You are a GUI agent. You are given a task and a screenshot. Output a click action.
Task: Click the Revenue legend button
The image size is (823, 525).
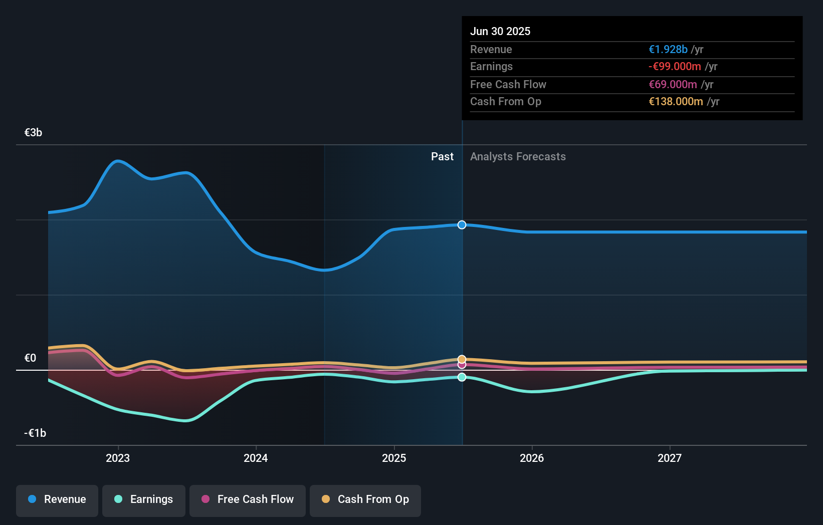tap(57, 499)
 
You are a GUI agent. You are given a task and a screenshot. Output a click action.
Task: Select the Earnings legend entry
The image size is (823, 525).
tap(144, 499)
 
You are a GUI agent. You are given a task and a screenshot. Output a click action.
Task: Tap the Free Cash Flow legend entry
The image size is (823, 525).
tap(248, 499)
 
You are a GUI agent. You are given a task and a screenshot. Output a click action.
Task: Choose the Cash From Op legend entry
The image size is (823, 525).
tap(365, 499)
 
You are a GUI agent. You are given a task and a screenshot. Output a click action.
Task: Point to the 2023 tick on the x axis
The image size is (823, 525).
tap(118, 458)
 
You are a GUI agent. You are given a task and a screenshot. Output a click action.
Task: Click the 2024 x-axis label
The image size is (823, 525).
tap(256, 458)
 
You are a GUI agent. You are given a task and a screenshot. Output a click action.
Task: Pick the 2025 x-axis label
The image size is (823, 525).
tap(394, 458)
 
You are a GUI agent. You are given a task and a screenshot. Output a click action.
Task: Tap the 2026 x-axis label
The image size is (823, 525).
tap(532, 458)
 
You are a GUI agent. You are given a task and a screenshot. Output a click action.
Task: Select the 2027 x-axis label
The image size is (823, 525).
tap(670, 458)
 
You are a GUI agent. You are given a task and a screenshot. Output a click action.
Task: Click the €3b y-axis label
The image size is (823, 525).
tap(33, 133)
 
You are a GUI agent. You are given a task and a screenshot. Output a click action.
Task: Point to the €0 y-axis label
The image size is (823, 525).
tap(30, 358)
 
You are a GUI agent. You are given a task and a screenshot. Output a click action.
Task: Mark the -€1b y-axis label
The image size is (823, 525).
tap(35, 433)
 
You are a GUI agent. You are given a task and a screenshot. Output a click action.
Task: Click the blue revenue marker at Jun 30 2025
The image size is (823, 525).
tap(462, 225)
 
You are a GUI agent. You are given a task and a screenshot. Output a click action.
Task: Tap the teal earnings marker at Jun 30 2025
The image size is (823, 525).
tap(462, 377)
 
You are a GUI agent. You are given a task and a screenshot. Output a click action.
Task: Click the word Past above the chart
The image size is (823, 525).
tap(442, 157)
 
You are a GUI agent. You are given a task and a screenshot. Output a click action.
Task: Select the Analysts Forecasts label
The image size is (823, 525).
tap(518, 157)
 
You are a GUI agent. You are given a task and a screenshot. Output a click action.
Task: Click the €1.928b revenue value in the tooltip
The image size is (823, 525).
tap(668, 50)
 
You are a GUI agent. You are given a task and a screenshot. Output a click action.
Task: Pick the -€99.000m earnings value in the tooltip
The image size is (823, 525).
tap(675, 67)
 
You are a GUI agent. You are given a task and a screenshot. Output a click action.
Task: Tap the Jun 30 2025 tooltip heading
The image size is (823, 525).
tap(500, 31)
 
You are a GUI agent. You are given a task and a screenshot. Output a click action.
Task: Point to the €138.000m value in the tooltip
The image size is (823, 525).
tap(676, 102)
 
